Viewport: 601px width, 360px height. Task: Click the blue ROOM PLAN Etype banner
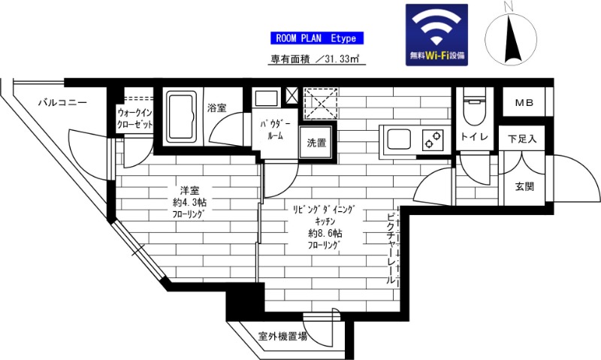pyautogui.click(x=316, y=38)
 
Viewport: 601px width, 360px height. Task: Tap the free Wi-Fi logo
pyautogui.click(x=436, y=36)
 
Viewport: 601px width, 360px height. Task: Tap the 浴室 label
pyautogui.click(x=217, y=108)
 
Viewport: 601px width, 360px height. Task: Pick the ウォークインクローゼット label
pyautogui.click(x=135, y=119)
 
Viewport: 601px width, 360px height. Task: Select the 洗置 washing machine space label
pyautogui.click(x=316, y=142)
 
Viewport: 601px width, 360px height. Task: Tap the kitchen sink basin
pyautogui.click(x=398, y=140)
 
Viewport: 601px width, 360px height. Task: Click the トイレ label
pyautogui.click(x=475, y=138)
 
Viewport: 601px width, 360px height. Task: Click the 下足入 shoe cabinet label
pyautogui.click(x=522, y=139)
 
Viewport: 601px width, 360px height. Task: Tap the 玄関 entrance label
pyautogui.click(x=524, y=187)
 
